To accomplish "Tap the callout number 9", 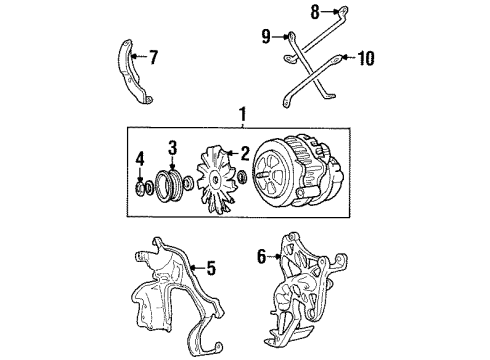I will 266,37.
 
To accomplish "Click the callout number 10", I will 365,58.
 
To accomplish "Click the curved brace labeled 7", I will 130,70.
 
